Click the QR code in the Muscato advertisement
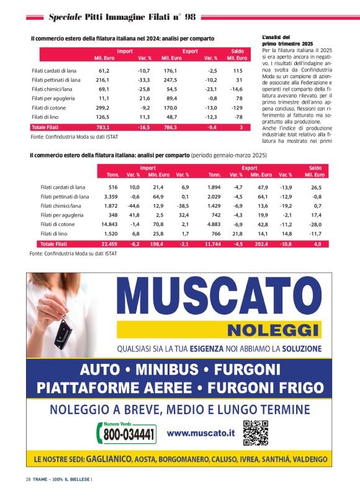pyautogui.click(x=255, y=433)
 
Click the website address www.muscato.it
pyautogui.click(x=200, y=432)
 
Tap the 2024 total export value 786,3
pyautogui.click(x=169, y=127)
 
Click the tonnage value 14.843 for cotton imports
pyautogui.click(x=109, y=224)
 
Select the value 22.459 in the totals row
pyautogui.click(x=109, y=244)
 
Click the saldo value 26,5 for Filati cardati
pyautogui.click(x=317, y=187)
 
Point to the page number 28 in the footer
pyautogui.click(x=29, y=479)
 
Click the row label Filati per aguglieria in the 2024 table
pyautogui.click(x=52, y=98)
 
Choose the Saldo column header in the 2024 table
pyautogui.click(x=237, y=51)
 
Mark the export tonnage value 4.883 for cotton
pyautogui.click(x=214, y=224)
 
